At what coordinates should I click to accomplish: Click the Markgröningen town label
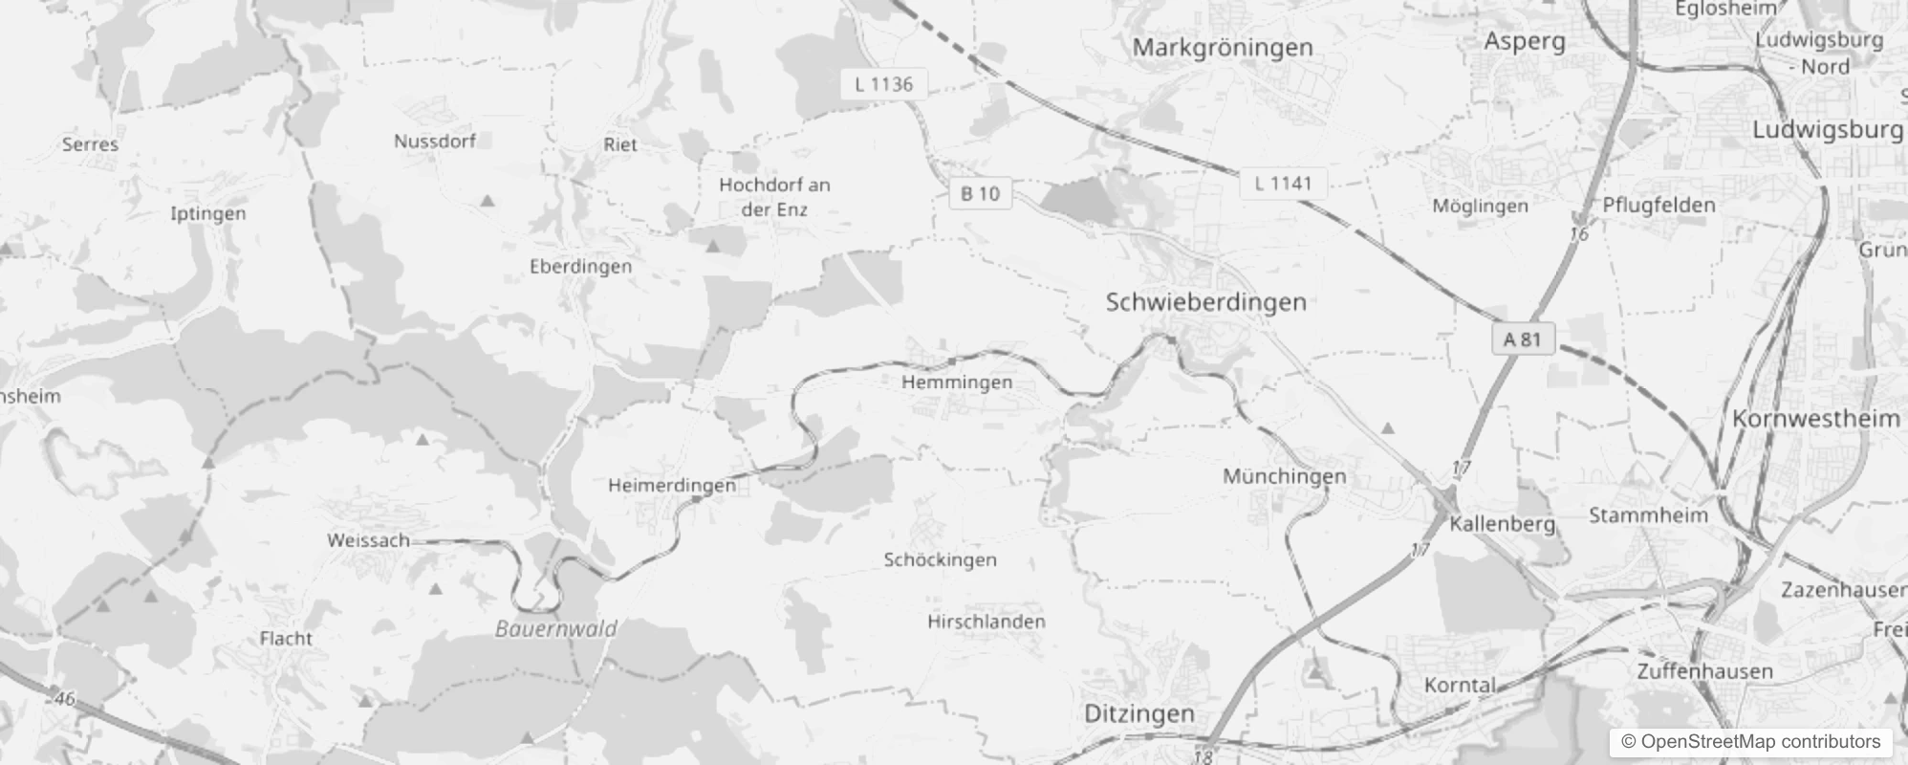[1223, 47]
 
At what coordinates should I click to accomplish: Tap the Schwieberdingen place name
[1205, 302]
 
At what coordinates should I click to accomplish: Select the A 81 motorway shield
[1522, 339]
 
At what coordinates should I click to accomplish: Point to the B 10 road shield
[980, 193]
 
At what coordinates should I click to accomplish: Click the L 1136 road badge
[883, 84]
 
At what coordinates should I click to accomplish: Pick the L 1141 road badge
[1283, 183]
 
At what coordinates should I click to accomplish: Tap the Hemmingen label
[957, 382]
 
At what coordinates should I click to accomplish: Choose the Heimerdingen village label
[672, 486]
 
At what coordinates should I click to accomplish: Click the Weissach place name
[368, 540]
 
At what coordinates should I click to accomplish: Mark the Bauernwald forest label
[555, 629]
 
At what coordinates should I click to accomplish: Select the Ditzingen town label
[1139, 713]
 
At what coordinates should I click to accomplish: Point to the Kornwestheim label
[1816, 419]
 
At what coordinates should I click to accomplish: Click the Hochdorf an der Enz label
[774, 197]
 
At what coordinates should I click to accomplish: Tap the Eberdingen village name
[580, 266]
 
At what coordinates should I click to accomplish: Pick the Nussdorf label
[435, 142]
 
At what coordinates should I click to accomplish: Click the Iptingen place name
[207, 213]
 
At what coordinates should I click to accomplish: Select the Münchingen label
[1285, 476]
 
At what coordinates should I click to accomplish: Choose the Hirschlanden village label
[986, 622]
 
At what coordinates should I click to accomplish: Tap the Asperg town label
[1524, 41]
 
